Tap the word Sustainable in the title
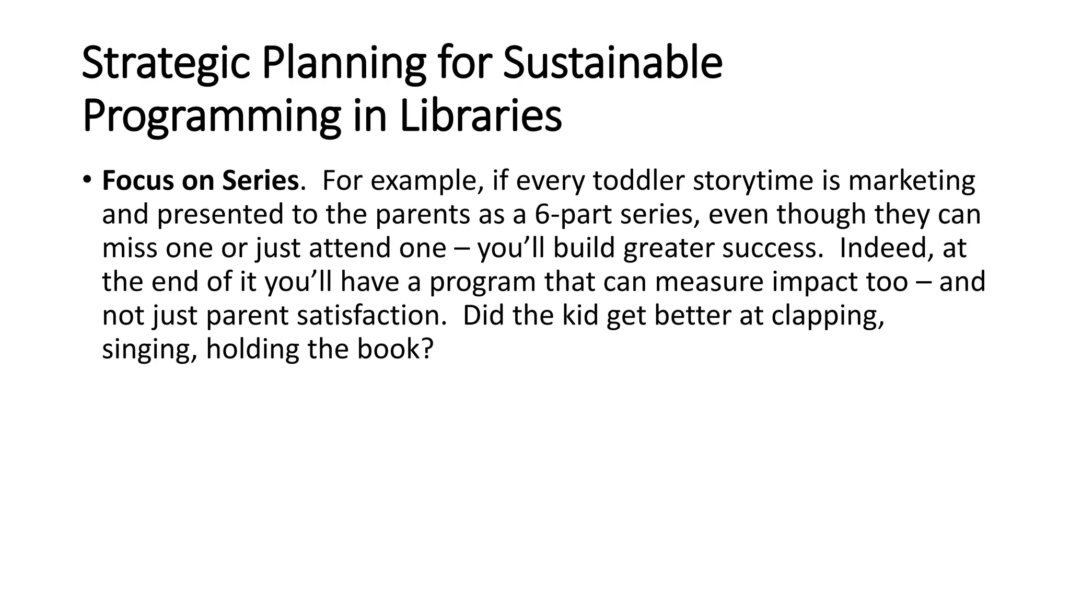coord(612,64)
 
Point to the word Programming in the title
coord(212,117)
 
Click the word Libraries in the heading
coord(481,117)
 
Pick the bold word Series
coord(260,181)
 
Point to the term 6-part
coord(573,215)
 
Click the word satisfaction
coord(371,316)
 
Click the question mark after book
coord(427,349)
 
